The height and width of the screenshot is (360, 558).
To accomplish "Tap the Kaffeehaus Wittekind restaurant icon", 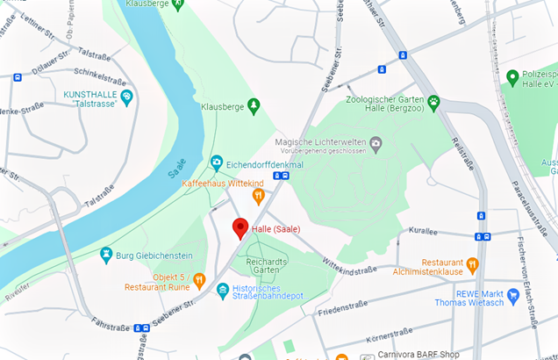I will click(x=258, y=196).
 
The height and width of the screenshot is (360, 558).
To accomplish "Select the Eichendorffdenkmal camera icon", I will click(x=216, y=162).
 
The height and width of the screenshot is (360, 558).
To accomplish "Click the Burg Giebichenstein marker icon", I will click(x=106, y=256).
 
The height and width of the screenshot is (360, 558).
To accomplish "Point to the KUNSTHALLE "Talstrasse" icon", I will click(x=127, y=97).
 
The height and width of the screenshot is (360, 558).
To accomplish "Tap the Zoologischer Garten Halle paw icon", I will click(x=433, y=100).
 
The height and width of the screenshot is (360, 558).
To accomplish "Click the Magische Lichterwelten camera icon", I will click(x=376, y=142).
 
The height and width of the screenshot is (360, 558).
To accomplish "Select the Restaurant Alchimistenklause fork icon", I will click(x=472, y=263).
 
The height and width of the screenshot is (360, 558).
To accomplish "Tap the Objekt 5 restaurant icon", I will click(x=200, y=281).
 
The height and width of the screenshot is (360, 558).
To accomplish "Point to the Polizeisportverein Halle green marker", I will click(x=512, y=78).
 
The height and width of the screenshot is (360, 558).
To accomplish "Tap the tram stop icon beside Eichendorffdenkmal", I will click(x=280, y=176).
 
